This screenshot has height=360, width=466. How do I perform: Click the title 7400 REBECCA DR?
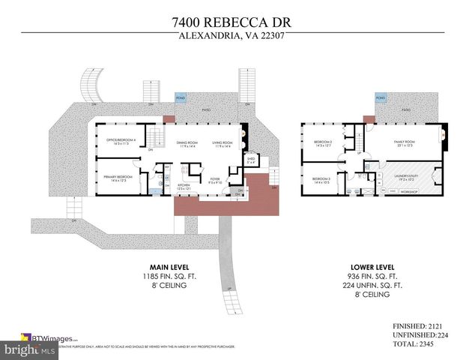[232, 22]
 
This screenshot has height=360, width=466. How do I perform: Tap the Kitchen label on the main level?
[183, 184]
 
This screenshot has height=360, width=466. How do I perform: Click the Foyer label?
[214, 178]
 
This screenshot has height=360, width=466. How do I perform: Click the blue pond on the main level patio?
[181, 98]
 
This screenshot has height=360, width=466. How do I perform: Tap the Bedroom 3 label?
[321, 178]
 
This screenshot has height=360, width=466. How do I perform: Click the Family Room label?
[405, 142]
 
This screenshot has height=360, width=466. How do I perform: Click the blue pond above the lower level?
[381, 98]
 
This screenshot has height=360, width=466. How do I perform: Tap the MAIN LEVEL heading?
[169, 267]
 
